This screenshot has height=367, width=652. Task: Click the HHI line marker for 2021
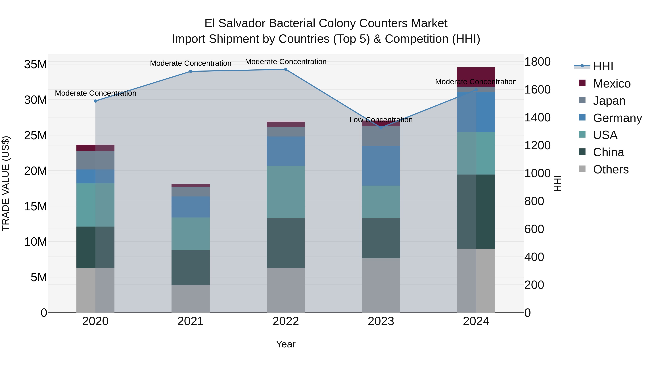pyautogui.click(x=191, y=71)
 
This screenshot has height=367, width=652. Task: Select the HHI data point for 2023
pyautogui.click(x=381, y=128)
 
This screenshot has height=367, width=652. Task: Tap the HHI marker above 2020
pyautogui.click(x=95, y=101)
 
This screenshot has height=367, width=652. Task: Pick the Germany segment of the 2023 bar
pyautogui.click(x=381, y=166)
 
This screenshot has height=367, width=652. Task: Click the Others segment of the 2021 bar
pyautogui.click(x=191, y=299)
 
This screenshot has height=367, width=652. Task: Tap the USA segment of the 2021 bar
pyautogui.click(x=191, y=234)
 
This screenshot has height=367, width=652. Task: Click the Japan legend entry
pyautogui.click(x=609, y=101)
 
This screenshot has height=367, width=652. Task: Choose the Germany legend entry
pyautogui.click(x=617, y=118)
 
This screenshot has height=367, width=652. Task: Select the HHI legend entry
pyautogui.click(x=603, y=66)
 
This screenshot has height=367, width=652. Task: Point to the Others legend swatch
pyautogui.click(x=582, y=169)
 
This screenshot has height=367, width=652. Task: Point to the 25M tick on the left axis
pyautogui.click(x=35, y=136)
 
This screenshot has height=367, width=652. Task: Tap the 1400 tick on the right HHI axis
pyautogui.click(x=537, y=117)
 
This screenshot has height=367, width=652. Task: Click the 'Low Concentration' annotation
pyautogui.click(x=381, y=120)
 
